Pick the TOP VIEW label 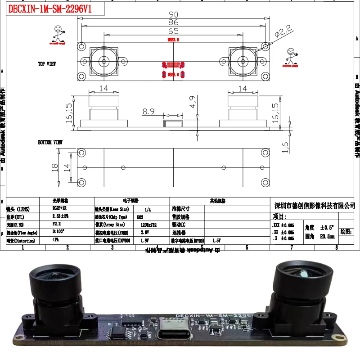[47, 64]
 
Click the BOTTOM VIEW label [50, 142]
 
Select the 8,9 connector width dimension [149, 111]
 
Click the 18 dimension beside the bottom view [55, 167]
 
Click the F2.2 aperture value [57, 224]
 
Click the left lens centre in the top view [104, 61]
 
